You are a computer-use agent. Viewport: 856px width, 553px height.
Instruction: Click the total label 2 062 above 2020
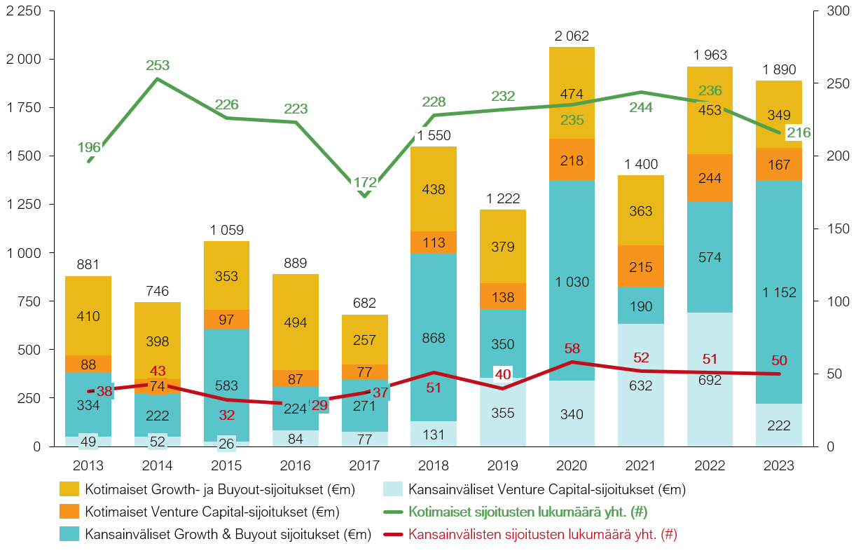571,36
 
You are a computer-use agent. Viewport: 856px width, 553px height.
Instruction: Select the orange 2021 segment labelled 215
640,266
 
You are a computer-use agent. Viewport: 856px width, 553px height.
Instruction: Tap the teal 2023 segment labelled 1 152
779,292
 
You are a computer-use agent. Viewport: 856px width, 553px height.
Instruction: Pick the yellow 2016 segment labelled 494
296,322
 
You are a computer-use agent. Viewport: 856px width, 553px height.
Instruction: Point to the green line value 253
158,66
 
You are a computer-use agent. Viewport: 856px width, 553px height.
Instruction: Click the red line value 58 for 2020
572,348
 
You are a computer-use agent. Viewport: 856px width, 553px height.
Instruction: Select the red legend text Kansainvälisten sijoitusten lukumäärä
542,534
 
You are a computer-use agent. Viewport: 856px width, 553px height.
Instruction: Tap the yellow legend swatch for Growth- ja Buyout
69,489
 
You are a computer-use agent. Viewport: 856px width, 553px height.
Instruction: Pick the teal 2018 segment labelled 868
433,337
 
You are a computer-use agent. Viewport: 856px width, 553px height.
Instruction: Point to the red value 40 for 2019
502,375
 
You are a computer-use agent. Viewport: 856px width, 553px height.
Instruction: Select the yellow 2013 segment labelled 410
88,316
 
